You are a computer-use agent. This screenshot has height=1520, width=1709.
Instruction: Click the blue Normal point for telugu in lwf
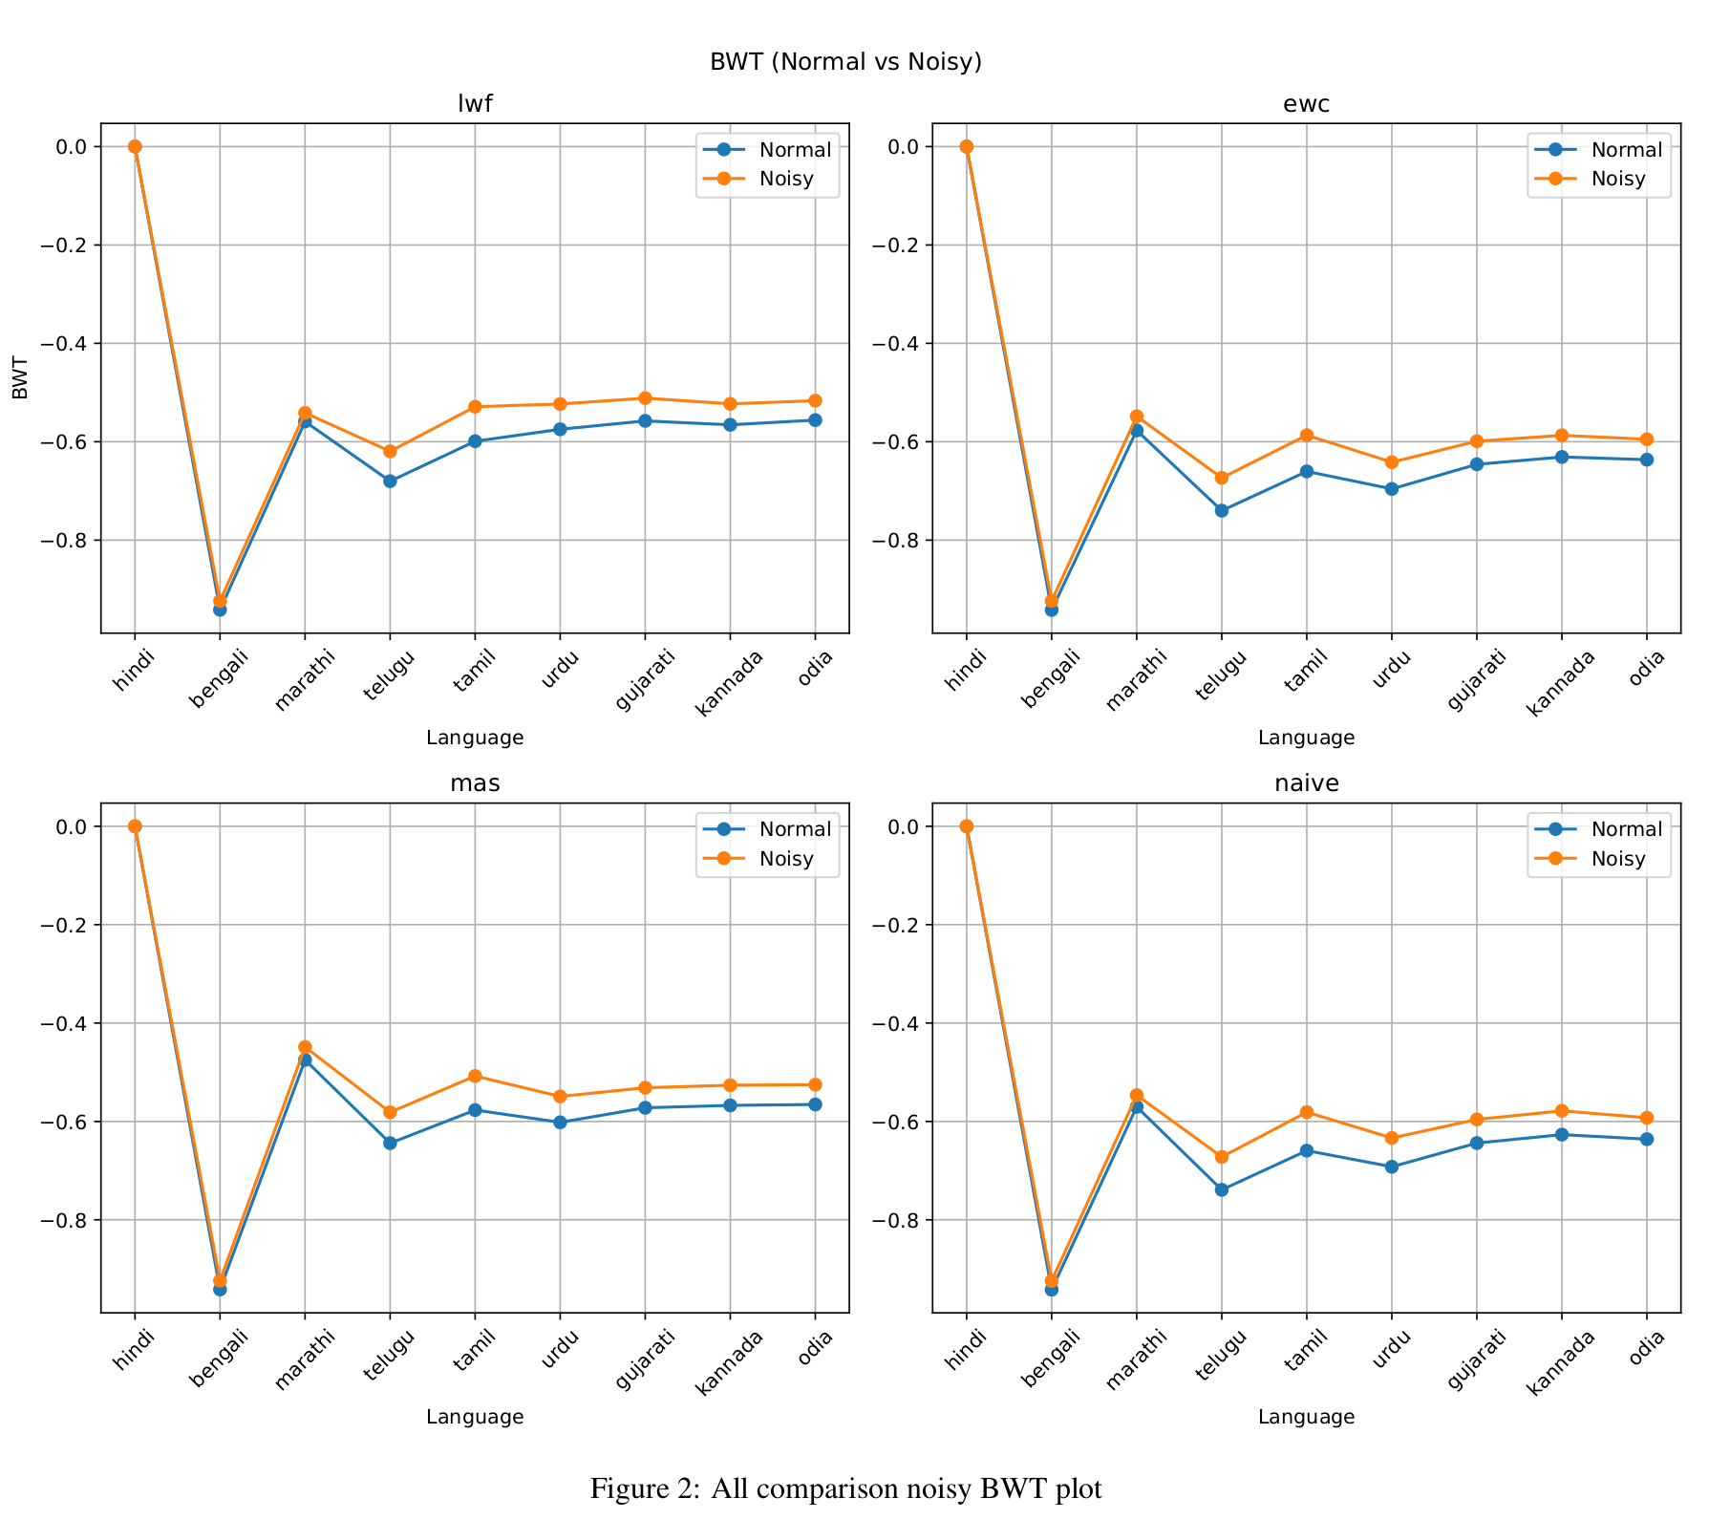390,481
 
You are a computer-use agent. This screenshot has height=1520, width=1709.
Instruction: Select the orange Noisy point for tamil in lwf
475,407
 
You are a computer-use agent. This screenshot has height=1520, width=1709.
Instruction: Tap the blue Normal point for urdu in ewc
1392,488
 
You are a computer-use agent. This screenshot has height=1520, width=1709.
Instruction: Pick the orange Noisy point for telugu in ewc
1222,477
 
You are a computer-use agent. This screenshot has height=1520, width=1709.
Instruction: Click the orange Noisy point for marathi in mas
305,1047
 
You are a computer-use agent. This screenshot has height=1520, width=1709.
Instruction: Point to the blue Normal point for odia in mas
815,1104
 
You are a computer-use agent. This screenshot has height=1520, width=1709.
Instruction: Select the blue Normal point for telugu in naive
1222,1189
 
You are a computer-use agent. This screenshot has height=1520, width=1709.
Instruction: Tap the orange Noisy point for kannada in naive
1562,1111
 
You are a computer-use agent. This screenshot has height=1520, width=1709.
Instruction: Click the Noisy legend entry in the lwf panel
785,179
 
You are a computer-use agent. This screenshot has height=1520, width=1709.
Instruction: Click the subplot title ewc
1306,104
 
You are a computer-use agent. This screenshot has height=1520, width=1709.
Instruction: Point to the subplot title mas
475,784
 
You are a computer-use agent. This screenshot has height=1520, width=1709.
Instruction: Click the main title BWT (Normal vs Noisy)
845,62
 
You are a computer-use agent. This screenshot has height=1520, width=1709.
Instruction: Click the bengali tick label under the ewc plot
1051,679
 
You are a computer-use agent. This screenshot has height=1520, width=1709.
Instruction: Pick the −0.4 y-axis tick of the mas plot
59,1023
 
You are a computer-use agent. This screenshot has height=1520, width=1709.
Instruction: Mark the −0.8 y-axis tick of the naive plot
891,1220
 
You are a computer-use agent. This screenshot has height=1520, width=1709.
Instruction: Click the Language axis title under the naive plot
1306,1418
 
